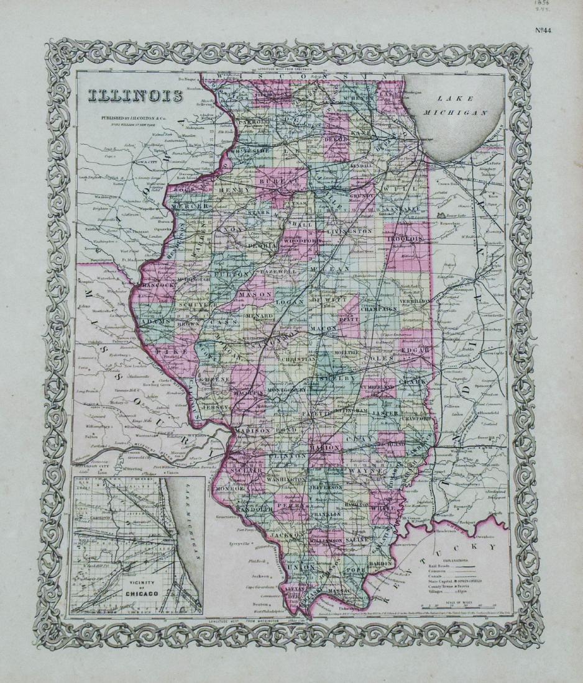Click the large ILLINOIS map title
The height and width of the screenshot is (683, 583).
tap(135, 96)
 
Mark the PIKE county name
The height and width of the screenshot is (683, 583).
tap(166, 351)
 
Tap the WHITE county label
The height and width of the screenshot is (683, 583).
tap(385, 507)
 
